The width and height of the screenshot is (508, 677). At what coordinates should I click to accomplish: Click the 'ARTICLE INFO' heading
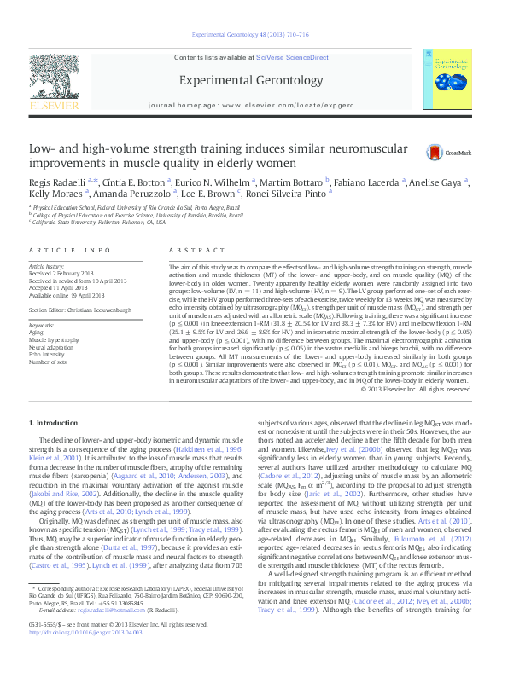pos(71,250)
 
